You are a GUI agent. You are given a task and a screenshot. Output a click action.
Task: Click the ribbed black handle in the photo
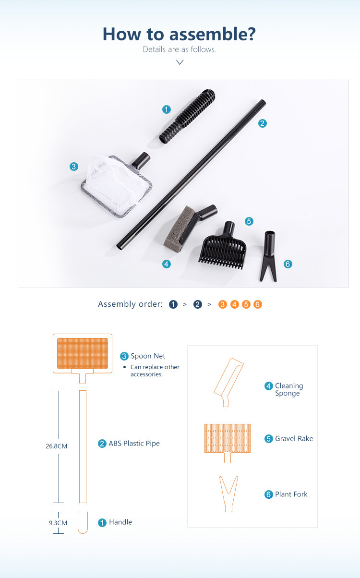tap(187, 116)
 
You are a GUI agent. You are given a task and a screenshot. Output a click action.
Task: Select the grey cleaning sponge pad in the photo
tap(178, 229)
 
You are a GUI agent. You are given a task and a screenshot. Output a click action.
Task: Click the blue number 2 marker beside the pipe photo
tap(263, 123)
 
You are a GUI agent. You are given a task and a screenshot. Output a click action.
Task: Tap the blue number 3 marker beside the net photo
tap(74, 167)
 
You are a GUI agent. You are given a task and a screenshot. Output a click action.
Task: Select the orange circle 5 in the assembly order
tap(246, 304)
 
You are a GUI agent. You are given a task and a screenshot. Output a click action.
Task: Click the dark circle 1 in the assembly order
tap(173, 304)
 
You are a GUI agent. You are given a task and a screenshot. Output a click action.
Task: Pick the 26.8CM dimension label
tap(56, 446)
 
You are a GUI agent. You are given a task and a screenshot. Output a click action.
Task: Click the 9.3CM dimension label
tap(58, 523)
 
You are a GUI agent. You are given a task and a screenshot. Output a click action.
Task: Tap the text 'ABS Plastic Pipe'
tap(134, 443)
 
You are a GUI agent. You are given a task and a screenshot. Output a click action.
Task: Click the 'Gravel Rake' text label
tap(294, 438)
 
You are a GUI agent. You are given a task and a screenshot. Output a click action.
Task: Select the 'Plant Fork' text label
tap(291, 494)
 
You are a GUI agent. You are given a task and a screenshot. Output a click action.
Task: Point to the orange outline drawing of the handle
tap(83, 522)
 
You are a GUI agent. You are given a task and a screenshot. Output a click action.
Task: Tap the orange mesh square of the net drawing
tap(83, 353)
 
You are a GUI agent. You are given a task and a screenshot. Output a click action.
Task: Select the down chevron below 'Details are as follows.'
tap(180, 62)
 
